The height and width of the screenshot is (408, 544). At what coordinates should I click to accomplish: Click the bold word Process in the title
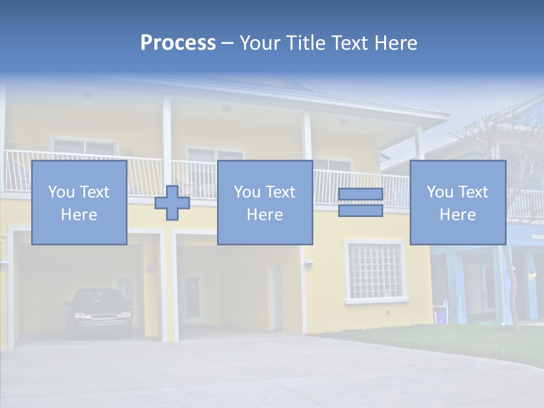(x=178, y=42)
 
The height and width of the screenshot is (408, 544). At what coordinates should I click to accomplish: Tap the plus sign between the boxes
(x=172, y=203)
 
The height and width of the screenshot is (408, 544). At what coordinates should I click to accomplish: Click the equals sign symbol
(x=360, y=203)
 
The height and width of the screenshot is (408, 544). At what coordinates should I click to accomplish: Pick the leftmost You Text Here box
(x=79, y=202)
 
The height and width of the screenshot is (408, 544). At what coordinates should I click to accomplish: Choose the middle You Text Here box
(x=265, y=202)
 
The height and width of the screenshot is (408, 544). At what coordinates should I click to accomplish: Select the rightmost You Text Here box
(x=457, y=202)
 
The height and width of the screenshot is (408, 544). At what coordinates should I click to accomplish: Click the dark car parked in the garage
(x=97, y=312)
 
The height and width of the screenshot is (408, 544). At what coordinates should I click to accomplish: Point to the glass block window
(x=374, y=270)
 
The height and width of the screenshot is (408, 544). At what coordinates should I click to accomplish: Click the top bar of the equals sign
(x=360, y=194)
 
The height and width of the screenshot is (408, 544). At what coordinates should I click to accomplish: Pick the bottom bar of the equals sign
(x=360, y=211)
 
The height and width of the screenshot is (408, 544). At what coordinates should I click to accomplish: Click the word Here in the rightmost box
(x=457, y=214)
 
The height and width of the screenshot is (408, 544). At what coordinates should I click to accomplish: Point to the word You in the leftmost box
(x=61, y=192)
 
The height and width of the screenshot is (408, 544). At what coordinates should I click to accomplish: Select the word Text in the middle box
(x=279, y=192)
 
